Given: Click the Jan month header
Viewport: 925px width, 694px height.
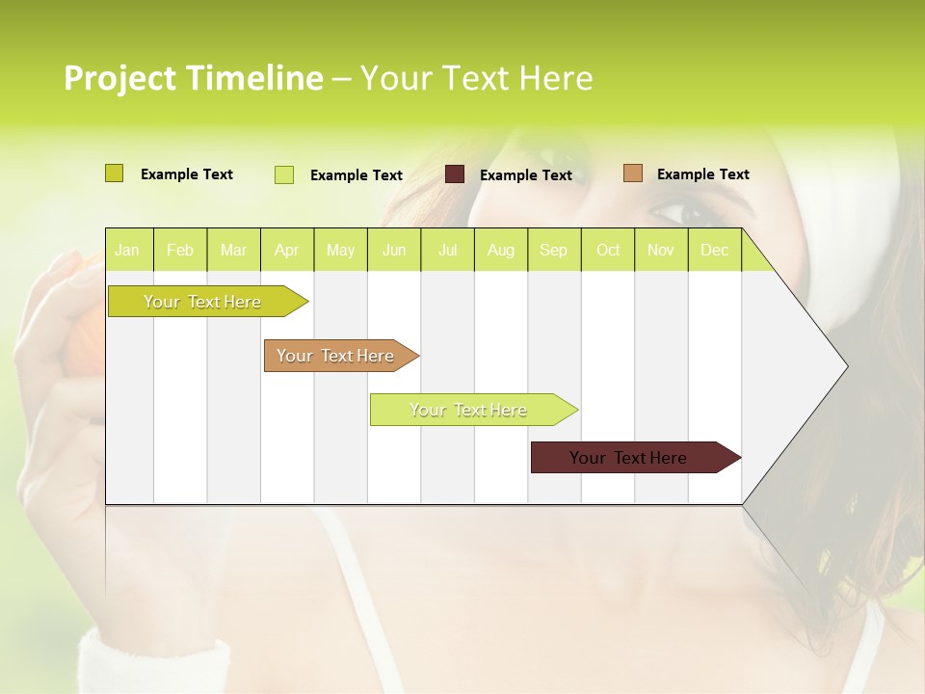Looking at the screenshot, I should (x=127, y=250).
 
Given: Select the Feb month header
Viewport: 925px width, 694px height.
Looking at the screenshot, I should (x=180, y=250).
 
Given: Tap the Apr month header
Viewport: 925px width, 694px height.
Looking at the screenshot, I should (x=287, y=250).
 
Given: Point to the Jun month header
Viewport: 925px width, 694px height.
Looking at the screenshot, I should (x=394, y=250).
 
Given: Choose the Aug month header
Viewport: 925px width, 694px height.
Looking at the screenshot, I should (x=501, y=250).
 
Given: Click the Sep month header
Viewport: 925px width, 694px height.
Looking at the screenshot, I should (x=554, y=250).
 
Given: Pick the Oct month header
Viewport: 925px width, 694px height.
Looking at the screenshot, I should (x=608, y=250).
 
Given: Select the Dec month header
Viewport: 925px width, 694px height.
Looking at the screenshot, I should (x=715, y=250).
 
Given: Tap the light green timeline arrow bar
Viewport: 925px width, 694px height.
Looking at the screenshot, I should (x=469, y=410).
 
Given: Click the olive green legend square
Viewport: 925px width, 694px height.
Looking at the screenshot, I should (x=115, y=173).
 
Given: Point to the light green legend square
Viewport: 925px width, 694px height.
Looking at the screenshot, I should (x=284, y=174).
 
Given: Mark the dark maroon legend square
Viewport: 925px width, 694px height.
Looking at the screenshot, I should (x=455, y=174).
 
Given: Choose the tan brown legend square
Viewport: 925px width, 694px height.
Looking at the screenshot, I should (x=632, y=173).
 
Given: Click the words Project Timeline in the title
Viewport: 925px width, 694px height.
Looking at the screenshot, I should (x=194, y=78).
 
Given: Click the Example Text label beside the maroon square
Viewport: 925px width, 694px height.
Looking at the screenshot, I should (x=526, y=175).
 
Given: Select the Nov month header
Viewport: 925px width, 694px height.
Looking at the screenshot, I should (x=661, y=250).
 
